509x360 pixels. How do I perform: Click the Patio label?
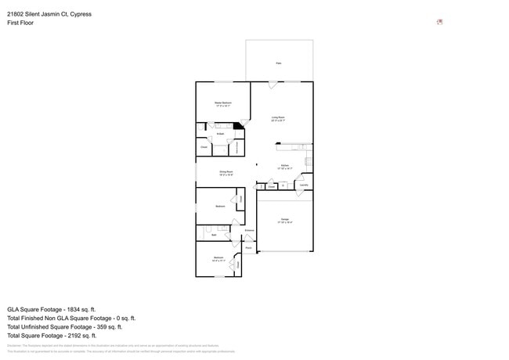[278, 63]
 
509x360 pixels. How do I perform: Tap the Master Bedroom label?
[223, 103]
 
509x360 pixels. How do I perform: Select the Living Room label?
[277, 118]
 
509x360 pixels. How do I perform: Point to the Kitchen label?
[286, 166]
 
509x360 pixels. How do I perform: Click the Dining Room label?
[226, 173]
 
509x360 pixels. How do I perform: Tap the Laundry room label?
[303, 185]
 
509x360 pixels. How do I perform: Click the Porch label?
[248, 247]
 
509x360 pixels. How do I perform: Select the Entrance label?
[249, 230]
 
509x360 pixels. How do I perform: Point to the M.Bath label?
[221, 135]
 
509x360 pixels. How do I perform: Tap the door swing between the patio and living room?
[272, 85]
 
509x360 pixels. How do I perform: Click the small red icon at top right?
[439, 22]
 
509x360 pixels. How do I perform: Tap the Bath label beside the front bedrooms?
[214, 234]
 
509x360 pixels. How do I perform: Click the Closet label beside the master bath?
[204, 146]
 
